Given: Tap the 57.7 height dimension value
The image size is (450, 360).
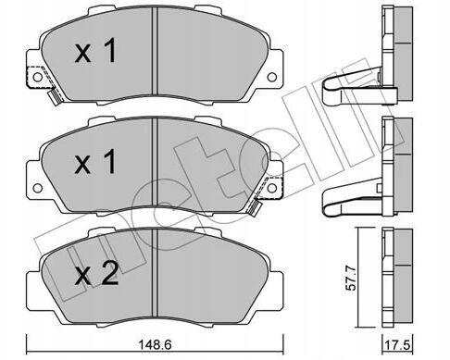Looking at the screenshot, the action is click(351, 279).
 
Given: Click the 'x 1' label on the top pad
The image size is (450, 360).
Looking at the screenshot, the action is click(95, 51).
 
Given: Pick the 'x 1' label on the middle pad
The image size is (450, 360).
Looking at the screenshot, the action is click(95, 162).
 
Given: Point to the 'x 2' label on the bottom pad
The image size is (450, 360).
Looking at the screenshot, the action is click(96, 273).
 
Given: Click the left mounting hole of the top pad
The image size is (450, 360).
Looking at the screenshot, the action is click(38, 77).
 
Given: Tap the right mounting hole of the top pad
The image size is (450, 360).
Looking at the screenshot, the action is click(272, 77).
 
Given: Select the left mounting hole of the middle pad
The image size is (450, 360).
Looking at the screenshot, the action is click(38, 188).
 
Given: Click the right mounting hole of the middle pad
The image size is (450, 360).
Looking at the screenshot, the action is click(272, 188).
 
